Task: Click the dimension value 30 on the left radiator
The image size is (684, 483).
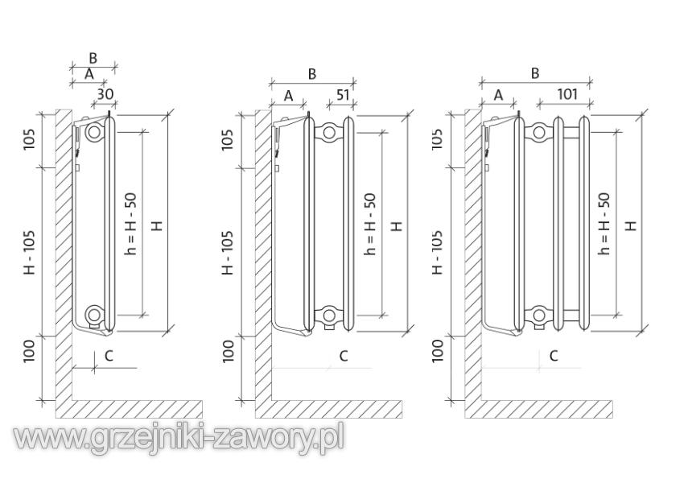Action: click(105, 93)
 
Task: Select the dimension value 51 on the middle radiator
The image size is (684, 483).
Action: click(342, 94)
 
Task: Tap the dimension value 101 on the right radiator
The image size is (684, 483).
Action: click(567, 94)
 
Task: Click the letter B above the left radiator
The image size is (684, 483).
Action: click(93, 58)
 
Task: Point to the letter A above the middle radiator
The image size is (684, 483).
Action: click(288, 95)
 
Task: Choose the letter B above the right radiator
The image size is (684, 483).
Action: click(534, 73)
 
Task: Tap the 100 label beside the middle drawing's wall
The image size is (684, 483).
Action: click(229, 350)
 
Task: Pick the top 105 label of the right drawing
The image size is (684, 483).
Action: click(437, 138)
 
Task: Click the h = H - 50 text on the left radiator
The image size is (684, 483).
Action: click(131, 223)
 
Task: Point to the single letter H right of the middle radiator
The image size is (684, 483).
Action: click(396, 225)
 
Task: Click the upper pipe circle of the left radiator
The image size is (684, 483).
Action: click(95, 131)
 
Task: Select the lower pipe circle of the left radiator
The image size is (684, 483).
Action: click(95, 314)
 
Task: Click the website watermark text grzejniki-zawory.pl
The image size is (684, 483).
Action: click(179, 438)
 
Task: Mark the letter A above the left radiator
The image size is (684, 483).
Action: click(89, 73)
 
